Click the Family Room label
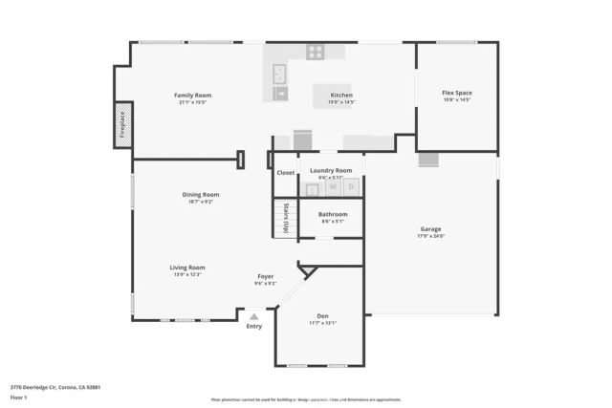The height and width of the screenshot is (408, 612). pos(192,95)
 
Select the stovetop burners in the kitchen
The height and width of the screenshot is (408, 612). pos(314,53)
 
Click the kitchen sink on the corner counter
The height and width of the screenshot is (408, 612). pos(280,73)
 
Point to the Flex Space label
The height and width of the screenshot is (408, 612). pos(456,93)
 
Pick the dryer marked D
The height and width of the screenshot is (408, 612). pos(351,186)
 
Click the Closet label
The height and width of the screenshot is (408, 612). pos(286,173)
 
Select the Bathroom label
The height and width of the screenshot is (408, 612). pos(333,214)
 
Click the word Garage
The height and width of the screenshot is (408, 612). pos(430,229)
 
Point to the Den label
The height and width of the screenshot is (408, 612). pos(322,315)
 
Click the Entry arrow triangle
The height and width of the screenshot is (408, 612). pos(254,316)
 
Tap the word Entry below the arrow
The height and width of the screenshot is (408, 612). pos(254,327)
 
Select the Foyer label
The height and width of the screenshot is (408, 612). pos(265,276)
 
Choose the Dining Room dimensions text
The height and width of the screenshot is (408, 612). pos(201,202)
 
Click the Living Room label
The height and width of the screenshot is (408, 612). pos(188,268)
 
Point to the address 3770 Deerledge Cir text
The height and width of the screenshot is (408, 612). pos(55,387)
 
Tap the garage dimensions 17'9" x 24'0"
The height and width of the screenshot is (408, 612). pos(430,236)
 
